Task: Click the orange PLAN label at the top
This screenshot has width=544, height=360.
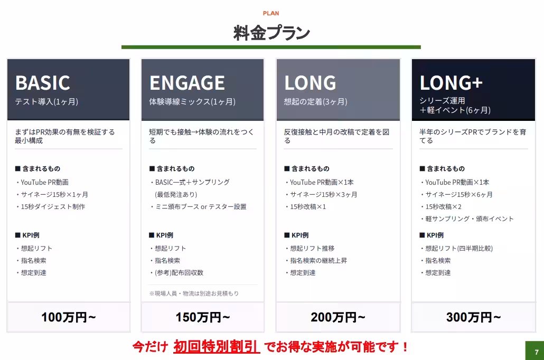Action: (x=270, y=13)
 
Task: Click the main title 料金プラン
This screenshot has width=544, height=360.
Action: (x=271, y=33)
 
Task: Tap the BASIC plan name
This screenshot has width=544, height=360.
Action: (x=43, y=82)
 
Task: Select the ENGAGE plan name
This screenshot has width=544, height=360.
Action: (x=187, y=82)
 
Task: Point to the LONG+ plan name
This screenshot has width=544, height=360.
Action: (x=451, y=82)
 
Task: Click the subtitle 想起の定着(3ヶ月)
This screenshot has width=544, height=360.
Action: (x=315, y=102)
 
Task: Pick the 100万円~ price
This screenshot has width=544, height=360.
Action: (x=68, y=317)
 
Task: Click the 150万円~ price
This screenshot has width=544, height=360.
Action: (x=203, y=317)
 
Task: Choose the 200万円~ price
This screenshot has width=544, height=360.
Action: (x=338, y=317)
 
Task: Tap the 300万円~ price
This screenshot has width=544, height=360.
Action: (x=473, y=317)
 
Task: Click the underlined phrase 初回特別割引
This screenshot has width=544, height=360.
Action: (x=217, y=346)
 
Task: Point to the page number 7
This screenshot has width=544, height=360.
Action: (x=537, y=352)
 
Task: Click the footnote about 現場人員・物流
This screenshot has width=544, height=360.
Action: (x=194, y=293)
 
